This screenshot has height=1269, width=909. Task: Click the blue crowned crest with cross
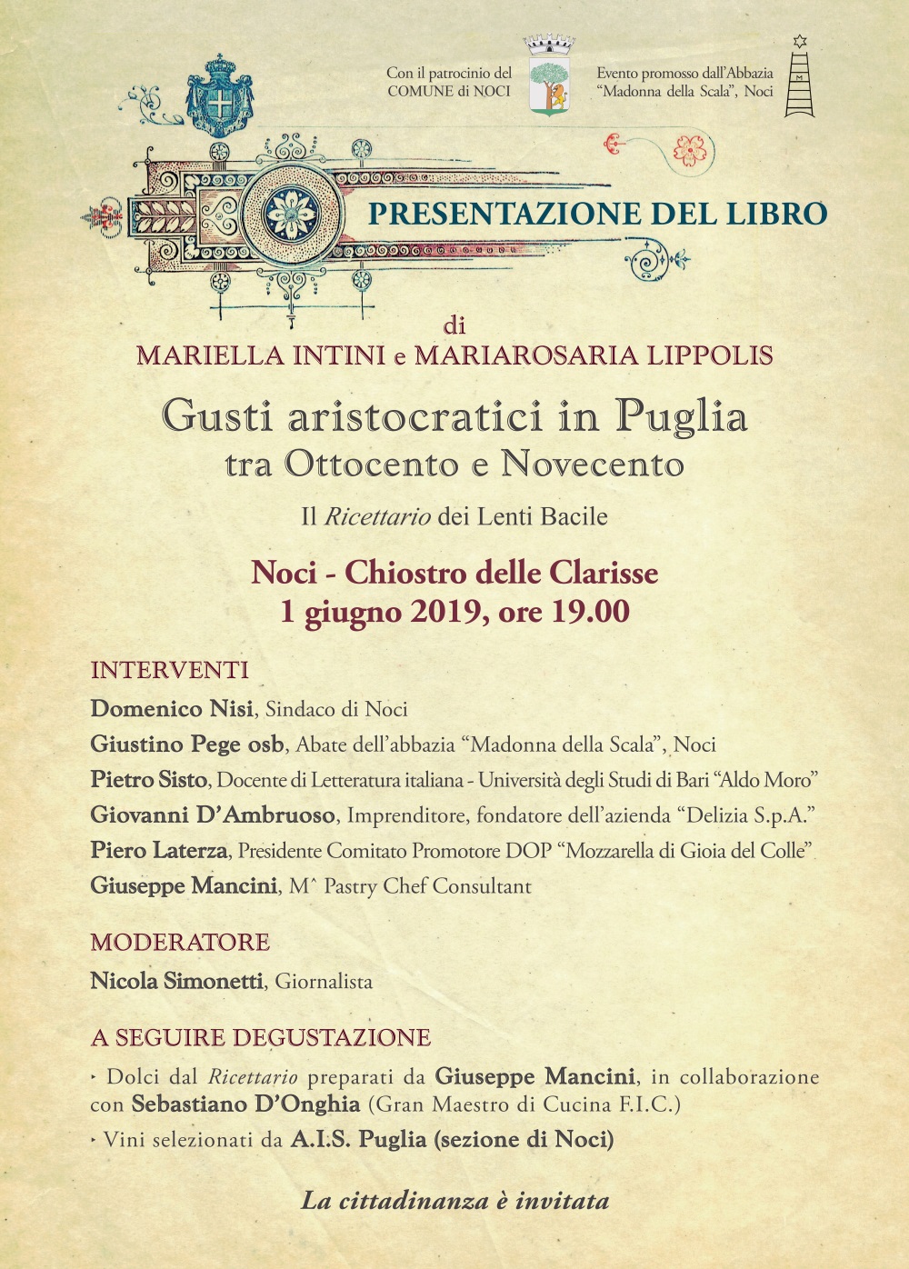coord(220,95)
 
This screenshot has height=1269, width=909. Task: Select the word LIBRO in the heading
coord(776,214)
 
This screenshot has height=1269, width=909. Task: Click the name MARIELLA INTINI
coord(261,355)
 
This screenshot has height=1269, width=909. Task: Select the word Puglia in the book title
coord(681,416)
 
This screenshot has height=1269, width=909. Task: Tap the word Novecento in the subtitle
coord(592,465)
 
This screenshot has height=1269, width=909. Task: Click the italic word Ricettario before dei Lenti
coord(377,517)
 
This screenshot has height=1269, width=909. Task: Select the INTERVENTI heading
coord(170,670)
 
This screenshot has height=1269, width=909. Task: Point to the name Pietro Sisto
coord(150,780)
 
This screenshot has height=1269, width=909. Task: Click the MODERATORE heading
coord(180,942)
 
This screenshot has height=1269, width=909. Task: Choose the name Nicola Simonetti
coord(177,982)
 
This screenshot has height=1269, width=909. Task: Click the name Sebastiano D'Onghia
coord(245,1104)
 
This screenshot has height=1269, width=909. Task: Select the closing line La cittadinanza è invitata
coord(454,1201)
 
